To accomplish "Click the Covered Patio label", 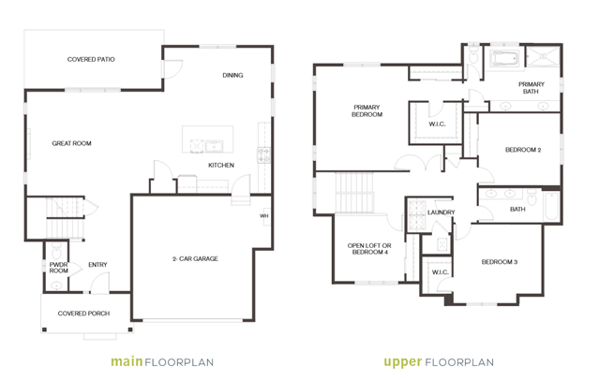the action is [91, 60].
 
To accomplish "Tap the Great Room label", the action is [71, 143].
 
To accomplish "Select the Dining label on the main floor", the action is [232, 75].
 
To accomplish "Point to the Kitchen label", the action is [221, 166].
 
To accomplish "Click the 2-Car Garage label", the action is [195, 258].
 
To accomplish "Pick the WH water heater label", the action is [264, 216].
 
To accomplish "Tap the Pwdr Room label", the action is [58, 268].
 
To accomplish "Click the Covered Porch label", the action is [83, 314].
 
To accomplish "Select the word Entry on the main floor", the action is [97, 265].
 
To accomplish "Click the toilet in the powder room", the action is [56, 251].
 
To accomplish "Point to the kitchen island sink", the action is [214, 146].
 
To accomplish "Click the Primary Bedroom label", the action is [367, 110].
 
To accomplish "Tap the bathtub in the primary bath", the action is [504, 59].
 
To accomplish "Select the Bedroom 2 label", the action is [523, 150].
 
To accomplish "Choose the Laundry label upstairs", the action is [442, 212].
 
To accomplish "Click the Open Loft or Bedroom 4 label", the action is [369, 249].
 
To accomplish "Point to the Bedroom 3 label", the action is [500, 262].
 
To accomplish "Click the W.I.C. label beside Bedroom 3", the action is [440, 272].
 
